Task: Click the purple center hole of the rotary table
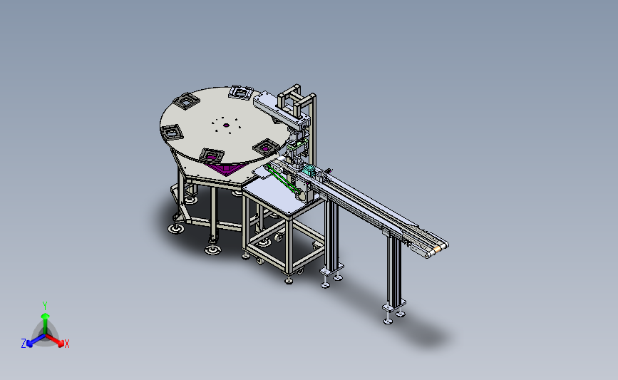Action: coord(226,125)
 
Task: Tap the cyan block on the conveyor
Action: coord(309,171)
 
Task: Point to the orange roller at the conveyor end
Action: coord(437,250)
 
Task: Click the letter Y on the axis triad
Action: coord(45,306)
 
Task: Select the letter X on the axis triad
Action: coord(66,344)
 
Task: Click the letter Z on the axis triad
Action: coord(24,344)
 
